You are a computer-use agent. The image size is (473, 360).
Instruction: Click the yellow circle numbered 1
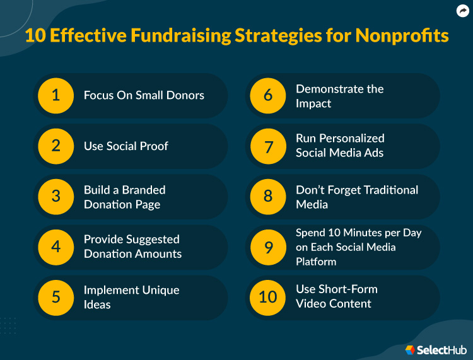click(55, 95)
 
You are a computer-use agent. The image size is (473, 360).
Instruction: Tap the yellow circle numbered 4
click(55, 247)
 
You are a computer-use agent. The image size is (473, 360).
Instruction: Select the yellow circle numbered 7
click(268, 146)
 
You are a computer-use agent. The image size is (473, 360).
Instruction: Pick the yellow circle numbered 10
click(268, 296)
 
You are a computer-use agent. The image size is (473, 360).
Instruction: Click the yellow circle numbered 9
click(268, 247)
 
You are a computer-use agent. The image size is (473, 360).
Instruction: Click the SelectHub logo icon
click(410, 349)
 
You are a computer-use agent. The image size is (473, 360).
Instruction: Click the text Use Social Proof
click(126, 146)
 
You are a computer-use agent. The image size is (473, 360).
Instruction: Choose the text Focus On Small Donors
click(144, 95)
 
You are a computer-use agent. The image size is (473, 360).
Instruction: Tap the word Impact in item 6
click(313, 103)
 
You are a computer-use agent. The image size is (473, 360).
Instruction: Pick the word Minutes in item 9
click(356, 233)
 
